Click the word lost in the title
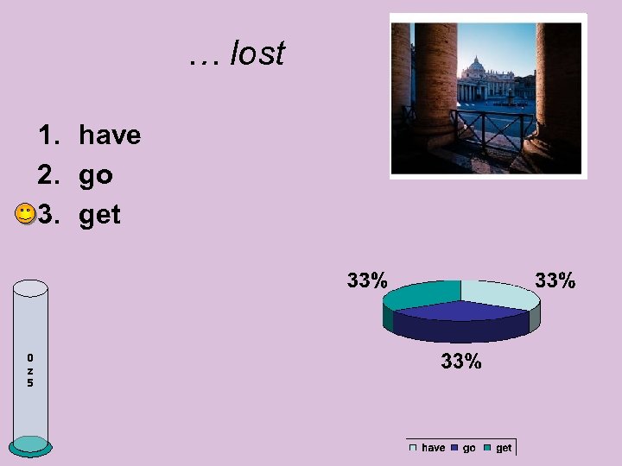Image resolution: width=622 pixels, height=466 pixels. point(257,54)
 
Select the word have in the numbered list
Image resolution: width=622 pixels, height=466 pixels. point(109,135)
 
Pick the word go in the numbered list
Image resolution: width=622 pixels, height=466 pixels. point(95,175)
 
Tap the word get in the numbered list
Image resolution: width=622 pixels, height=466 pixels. point(99,215)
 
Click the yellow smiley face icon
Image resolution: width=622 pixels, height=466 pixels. point(25,214)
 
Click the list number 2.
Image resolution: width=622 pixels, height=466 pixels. point(48,175)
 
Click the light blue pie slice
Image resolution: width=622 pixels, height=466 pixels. point(502,295)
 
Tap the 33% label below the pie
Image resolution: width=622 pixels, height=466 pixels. point(460,362)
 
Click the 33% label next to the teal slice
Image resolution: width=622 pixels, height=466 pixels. point(367,280)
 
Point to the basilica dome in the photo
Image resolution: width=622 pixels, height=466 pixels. point(474,66)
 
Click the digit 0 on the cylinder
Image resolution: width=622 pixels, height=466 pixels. point(30,357)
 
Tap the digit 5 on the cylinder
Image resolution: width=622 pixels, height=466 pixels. point(30,382)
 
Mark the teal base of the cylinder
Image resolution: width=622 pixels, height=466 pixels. point(31,444)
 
